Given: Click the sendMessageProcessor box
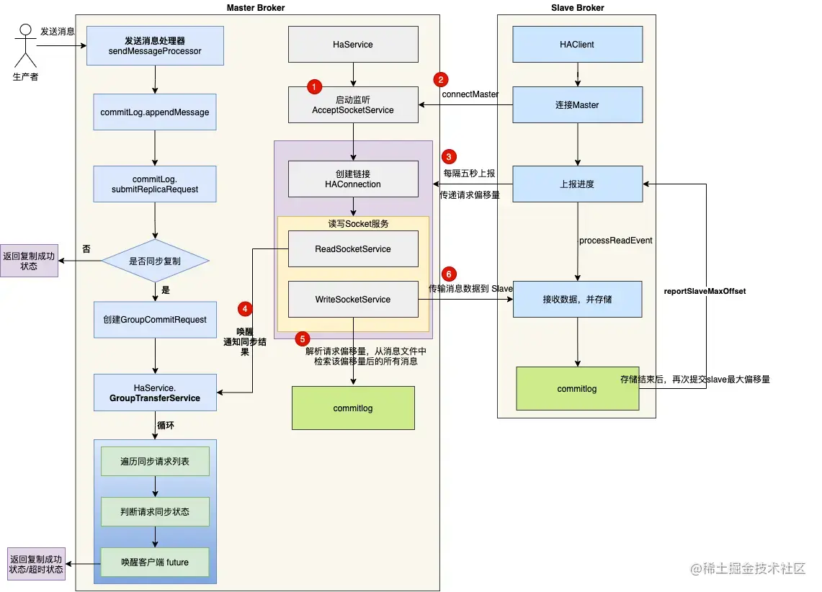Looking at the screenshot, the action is [155, 45].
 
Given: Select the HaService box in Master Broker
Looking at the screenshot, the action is [353, 45].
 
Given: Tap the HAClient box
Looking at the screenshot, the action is [578, 45].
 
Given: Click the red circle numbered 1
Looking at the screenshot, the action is [314, 86].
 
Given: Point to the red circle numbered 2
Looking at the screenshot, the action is [441, 80].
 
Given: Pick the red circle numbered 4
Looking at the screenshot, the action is [245, 308].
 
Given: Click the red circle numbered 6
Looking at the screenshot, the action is [449, 274].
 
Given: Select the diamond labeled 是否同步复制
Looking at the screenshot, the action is [155, 261].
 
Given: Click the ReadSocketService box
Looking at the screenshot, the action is [353, 249].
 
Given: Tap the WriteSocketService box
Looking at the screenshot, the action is [353, 299].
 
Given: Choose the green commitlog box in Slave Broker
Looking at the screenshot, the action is [578, 388].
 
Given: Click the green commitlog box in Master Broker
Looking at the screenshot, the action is [353, 408].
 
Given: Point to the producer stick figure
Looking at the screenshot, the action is [25, 45].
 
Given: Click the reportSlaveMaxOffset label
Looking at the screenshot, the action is [705, 291].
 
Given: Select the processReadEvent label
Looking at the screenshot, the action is [616, 241].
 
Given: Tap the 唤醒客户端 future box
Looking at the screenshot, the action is [155, 562].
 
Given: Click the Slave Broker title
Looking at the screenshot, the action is [578, 8].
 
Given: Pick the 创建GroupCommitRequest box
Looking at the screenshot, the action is [155, 320].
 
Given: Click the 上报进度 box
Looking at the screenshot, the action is [578, 184].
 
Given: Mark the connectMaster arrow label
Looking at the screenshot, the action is [470, 94].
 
